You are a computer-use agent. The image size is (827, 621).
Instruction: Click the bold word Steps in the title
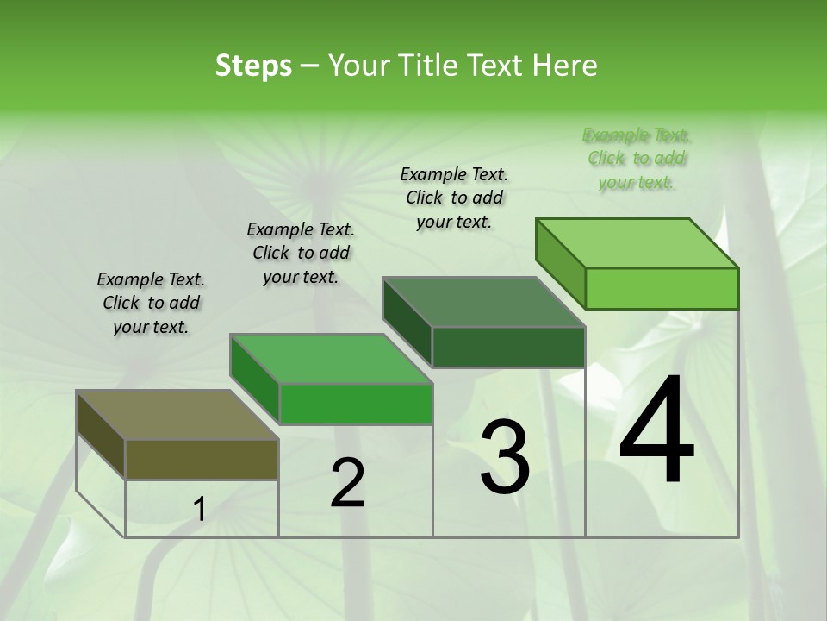pyautogui.click(x=253, y=66)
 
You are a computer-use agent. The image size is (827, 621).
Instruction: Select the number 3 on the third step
pyautogui.click(x=505, y=457)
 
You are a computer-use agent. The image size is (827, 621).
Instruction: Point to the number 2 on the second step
pyautogui.click(x=347, y=484)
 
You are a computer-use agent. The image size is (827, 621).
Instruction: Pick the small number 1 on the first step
pyautogui.click(x=200, y=510)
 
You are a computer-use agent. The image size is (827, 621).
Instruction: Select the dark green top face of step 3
pyautogui.click(x=483, y=302)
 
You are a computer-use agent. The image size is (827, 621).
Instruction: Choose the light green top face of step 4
pyautogui.click(x=637, y=243)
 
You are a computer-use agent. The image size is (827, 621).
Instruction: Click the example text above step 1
pyautogui.click(x=151, y=303)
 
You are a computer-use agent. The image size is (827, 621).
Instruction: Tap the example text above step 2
pyautogui.click(x=301, y=253)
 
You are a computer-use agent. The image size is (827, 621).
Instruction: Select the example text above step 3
pyautogui.click(x=454, y=198)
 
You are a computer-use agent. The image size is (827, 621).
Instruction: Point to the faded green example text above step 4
pyautogui.click(x=637, y=158)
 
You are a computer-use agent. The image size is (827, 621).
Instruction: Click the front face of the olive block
pyautogui.click(x=202, y=459)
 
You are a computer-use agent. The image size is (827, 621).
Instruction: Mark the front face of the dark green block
pyautogui.click(x=508, y=347)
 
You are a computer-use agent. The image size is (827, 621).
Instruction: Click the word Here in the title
pyautogui.click(x=567, y=66)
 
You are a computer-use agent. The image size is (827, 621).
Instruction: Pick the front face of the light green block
pyautogui.click(x=662, y=288)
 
